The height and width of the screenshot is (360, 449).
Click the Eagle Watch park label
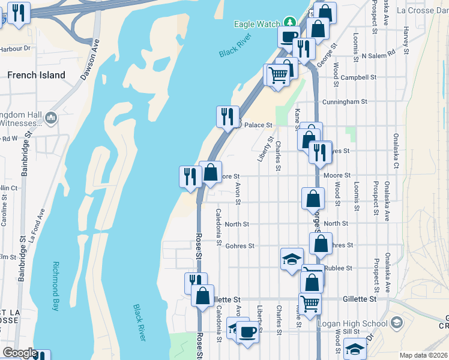(x=256, y=24)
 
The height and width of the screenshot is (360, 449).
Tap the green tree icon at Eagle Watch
(x=290, y=23)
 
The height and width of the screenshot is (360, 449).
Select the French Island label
(x=36, y=75)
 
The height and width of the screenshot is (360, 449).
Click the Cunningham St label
(x=345, y=102)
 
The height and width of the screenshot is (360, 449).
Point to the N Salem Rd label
(x=379, y=53)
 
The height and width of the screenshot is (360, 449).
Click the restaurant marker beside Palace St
(x=228, y=116)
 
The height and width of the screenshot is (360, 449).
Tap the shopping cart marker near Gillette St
(x=310, y=303)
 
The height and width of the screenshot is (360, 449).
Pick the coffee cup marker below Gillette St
(x=247, y=331)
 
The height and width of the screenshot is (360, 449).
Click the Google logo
(x=19, y=353)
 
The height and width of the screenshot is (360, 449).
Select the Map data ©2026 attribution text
(x=423, y=355)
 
